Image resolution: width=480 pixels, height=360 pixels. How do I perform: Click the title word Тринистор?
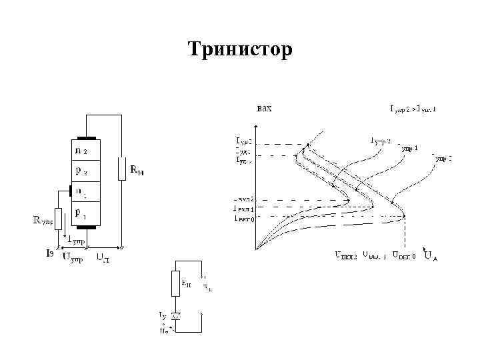(239, 49)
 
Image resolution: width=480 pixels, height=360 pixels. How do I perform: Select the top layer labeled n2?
(86, 149)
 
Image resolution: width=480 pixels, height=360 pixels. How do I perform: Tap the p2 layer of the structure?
(86, 171)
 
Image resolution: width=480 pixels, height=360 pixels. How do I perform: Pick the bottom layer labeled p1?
(86, 213)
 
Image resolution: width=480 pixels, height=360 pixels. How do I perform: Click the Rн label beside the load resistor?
(137, 171)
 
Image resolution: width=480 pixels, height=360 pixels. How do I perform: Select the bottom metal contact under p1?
(86, 227)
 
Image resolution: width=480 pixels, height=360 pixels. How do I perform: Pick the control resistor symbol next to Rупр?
(58, 219)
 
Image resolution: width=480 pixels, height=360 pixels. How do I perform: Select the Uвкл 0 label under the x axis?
(404, 254)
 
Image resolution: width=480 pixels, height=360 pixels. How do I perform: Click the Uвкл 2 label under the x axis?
(345, 254)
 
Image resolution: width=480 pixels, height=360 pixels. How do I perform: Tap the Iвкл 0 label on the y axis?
(243, 217)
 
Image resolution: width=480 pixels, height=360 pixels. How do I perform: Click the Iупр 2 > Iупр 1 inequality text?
(419, 109)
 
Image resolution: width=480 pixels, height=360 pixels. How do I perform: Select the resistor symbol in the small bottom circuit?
(176, 283)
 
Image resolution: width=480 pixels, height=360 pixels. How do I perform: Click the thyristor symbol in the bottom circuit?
(176, 313)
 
